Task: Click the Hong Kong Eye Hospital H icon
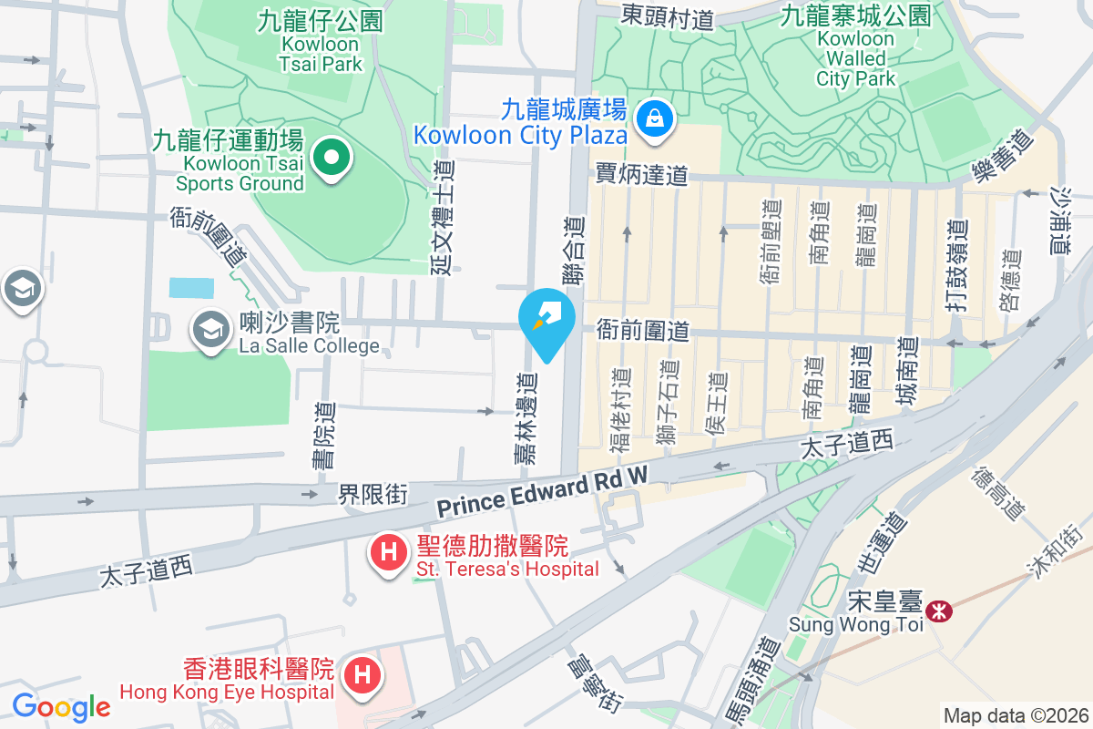363,676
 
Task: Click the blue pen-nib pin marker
546,321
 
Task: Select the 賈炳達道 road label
641,174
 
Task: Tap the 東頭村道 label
668,15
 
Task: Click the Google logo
61,707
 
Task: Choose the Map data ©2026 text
1016,716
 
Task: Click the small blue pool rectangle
191,288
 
